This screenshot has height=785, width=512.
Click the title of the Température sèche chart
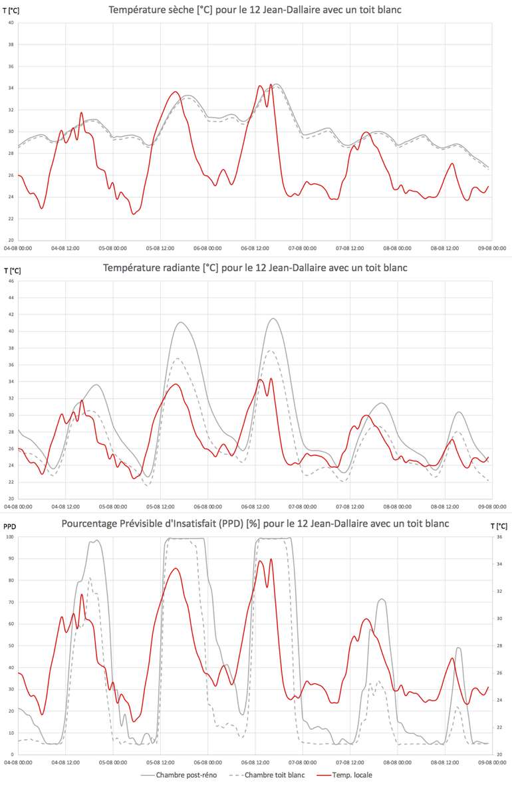(255, 10)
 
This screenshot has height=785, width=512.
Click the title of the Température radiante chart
(255, 268)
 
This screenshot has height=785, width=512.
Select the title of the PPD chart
(255, 524)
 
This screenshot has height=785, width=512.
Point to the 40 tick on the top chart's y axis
(11, 23)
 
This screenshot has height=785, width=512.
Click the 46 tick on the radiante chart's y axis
(11, 281)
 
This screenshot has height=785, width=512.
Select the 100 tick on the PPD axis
(9, 537)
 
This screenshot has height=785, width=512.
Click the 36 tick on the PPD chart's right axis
(499, 537)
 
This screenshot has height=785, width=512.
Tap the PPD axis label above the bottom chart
(9, 526)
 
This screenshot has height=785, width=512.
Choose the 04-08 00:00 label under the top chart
(19, 249)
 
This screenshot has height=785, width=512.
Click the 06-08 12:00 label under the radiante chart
(255, 506)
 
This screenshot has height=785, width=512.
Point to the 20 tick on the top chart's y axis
(11, 240)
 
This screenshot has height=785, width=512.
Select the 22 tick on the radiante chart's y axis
(11, 482)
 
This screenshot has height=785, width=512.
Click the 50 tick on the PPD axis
(11, 645)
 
